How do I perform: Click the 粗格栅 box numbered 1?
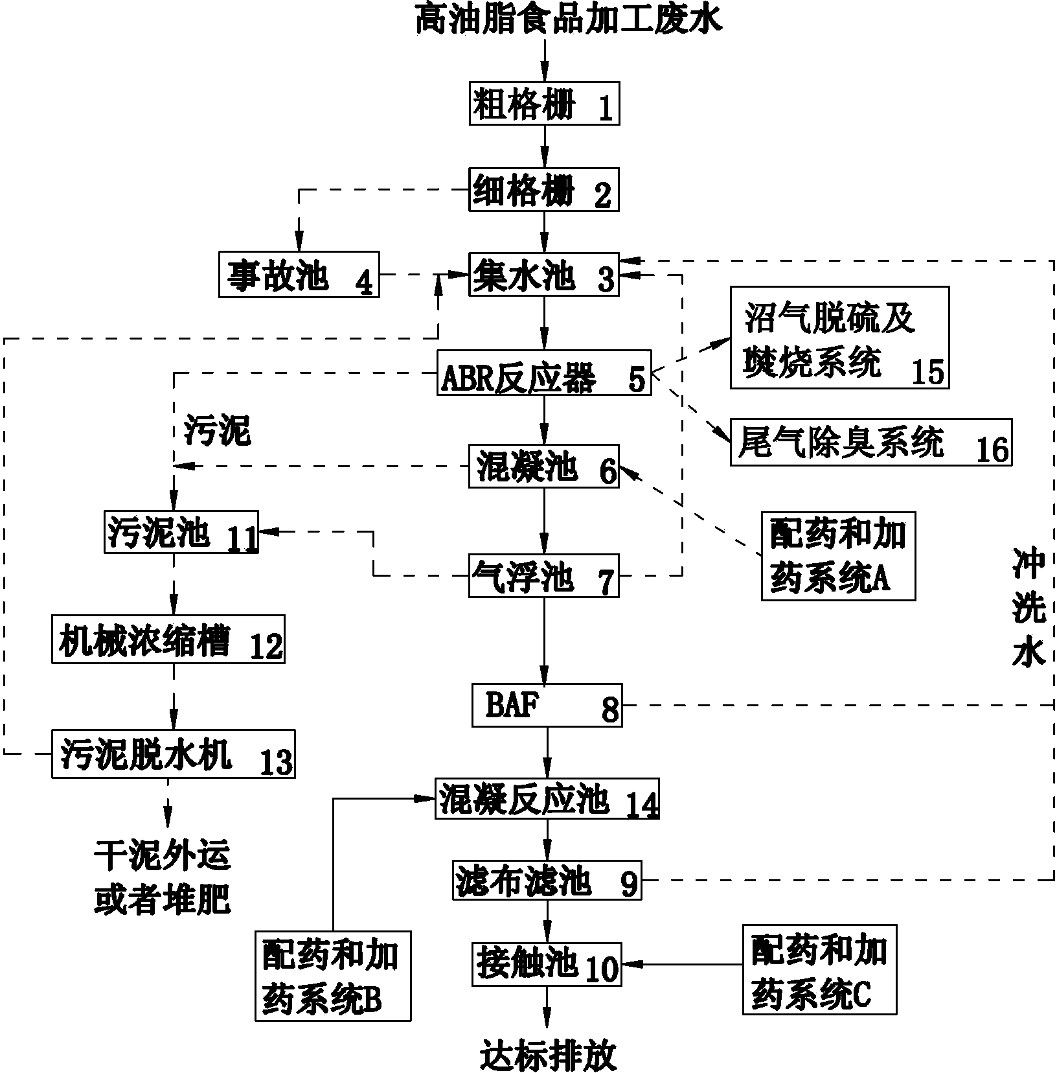(544, 103)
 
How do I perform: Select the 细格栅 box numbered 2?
(544, 190)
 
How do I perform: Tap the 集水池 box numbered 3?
(544, 275)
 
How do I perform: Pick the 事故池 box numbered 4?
(299, 275)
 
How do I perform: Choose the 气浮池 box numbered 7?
(544, 575)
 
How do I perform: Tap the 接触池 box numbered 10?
(547, 964)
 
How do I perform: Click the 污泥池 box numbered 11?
(182, 531)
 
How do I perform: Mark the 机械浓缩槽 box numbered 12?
(168, 640)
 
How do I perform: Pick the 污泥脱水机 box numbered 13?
(174, 753)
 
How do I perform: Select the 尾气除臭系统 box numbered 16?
(871, 442)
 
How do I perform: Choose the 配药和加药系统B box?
(334, 976)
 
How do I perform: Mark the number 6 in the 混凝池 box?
(608, 472)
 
